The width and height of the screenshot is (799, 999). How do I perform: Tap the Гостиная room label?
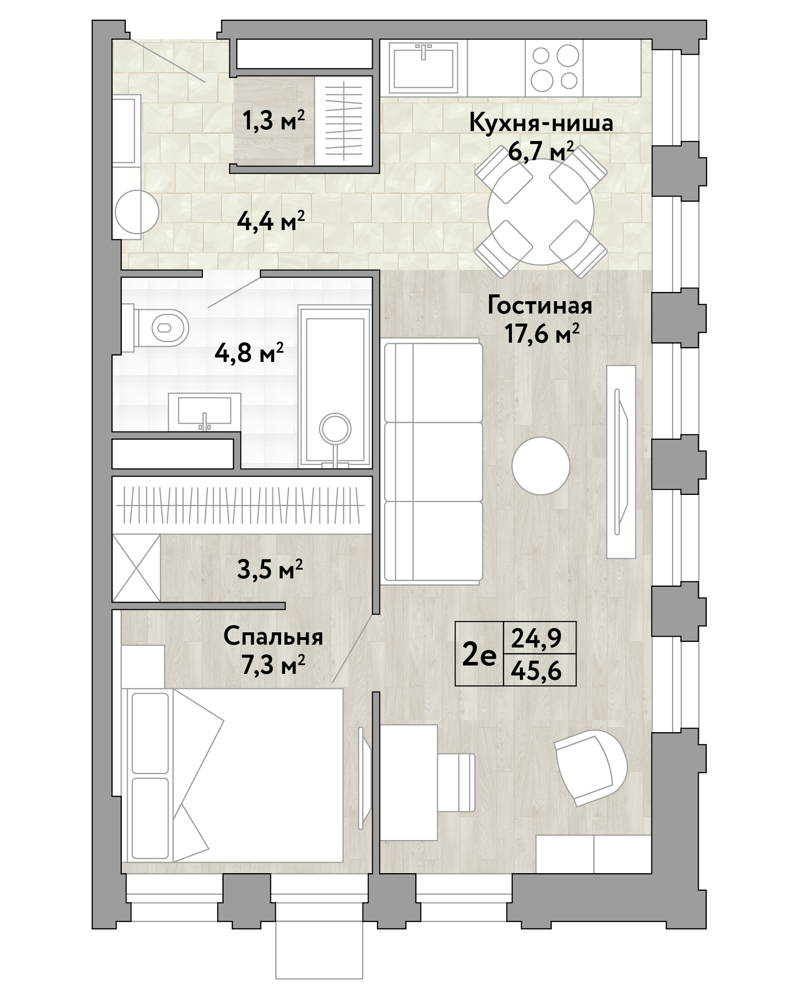click(539, 306)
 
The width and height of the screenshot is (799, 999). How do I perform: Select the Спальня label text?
click(273, 637)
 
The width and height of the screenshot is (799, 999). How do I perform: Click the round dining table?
click(541, 211)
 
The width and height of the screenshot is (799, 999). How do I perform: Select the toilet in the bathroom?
click(162, 328)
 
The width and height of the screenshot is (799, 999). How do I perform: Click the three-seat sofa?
click(433, 461)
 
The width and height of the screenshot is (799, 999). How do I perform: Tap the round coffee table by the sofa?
click(541, 466)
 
